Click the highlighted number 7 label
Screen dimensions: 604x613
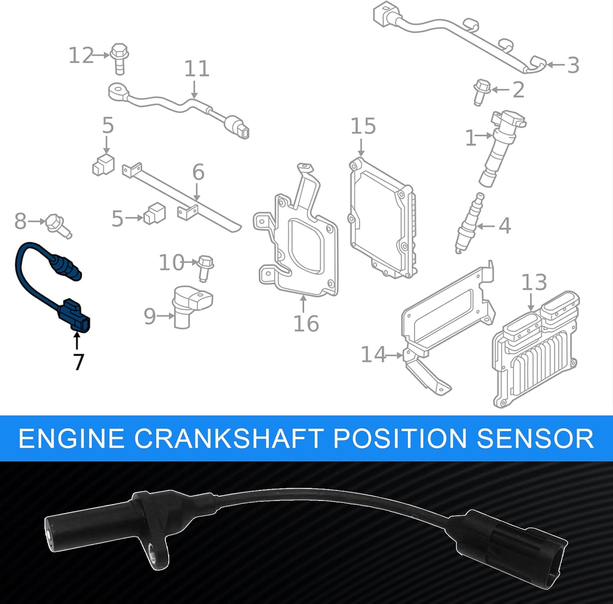[x=78, y=362]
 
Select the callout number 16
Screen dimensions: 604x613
[x=306, y=324]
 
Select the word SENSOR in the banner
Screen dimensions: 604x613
[x=535, y=438]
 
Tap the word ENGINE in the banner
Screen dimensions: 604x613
[x=72, y=438]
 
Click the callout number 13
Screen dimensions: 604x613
[x=534, y=282]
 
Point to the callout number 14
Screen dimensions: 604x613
[x=373, y=354]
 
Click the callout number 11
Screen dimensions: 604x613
[x=197, y=69]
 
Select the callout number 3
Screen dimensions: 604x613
[x=573, y=65]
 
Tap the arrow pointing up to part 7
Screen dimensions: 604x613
[x=77, y=341]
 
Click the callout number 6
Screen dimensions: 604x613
[x=198, y=172]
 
